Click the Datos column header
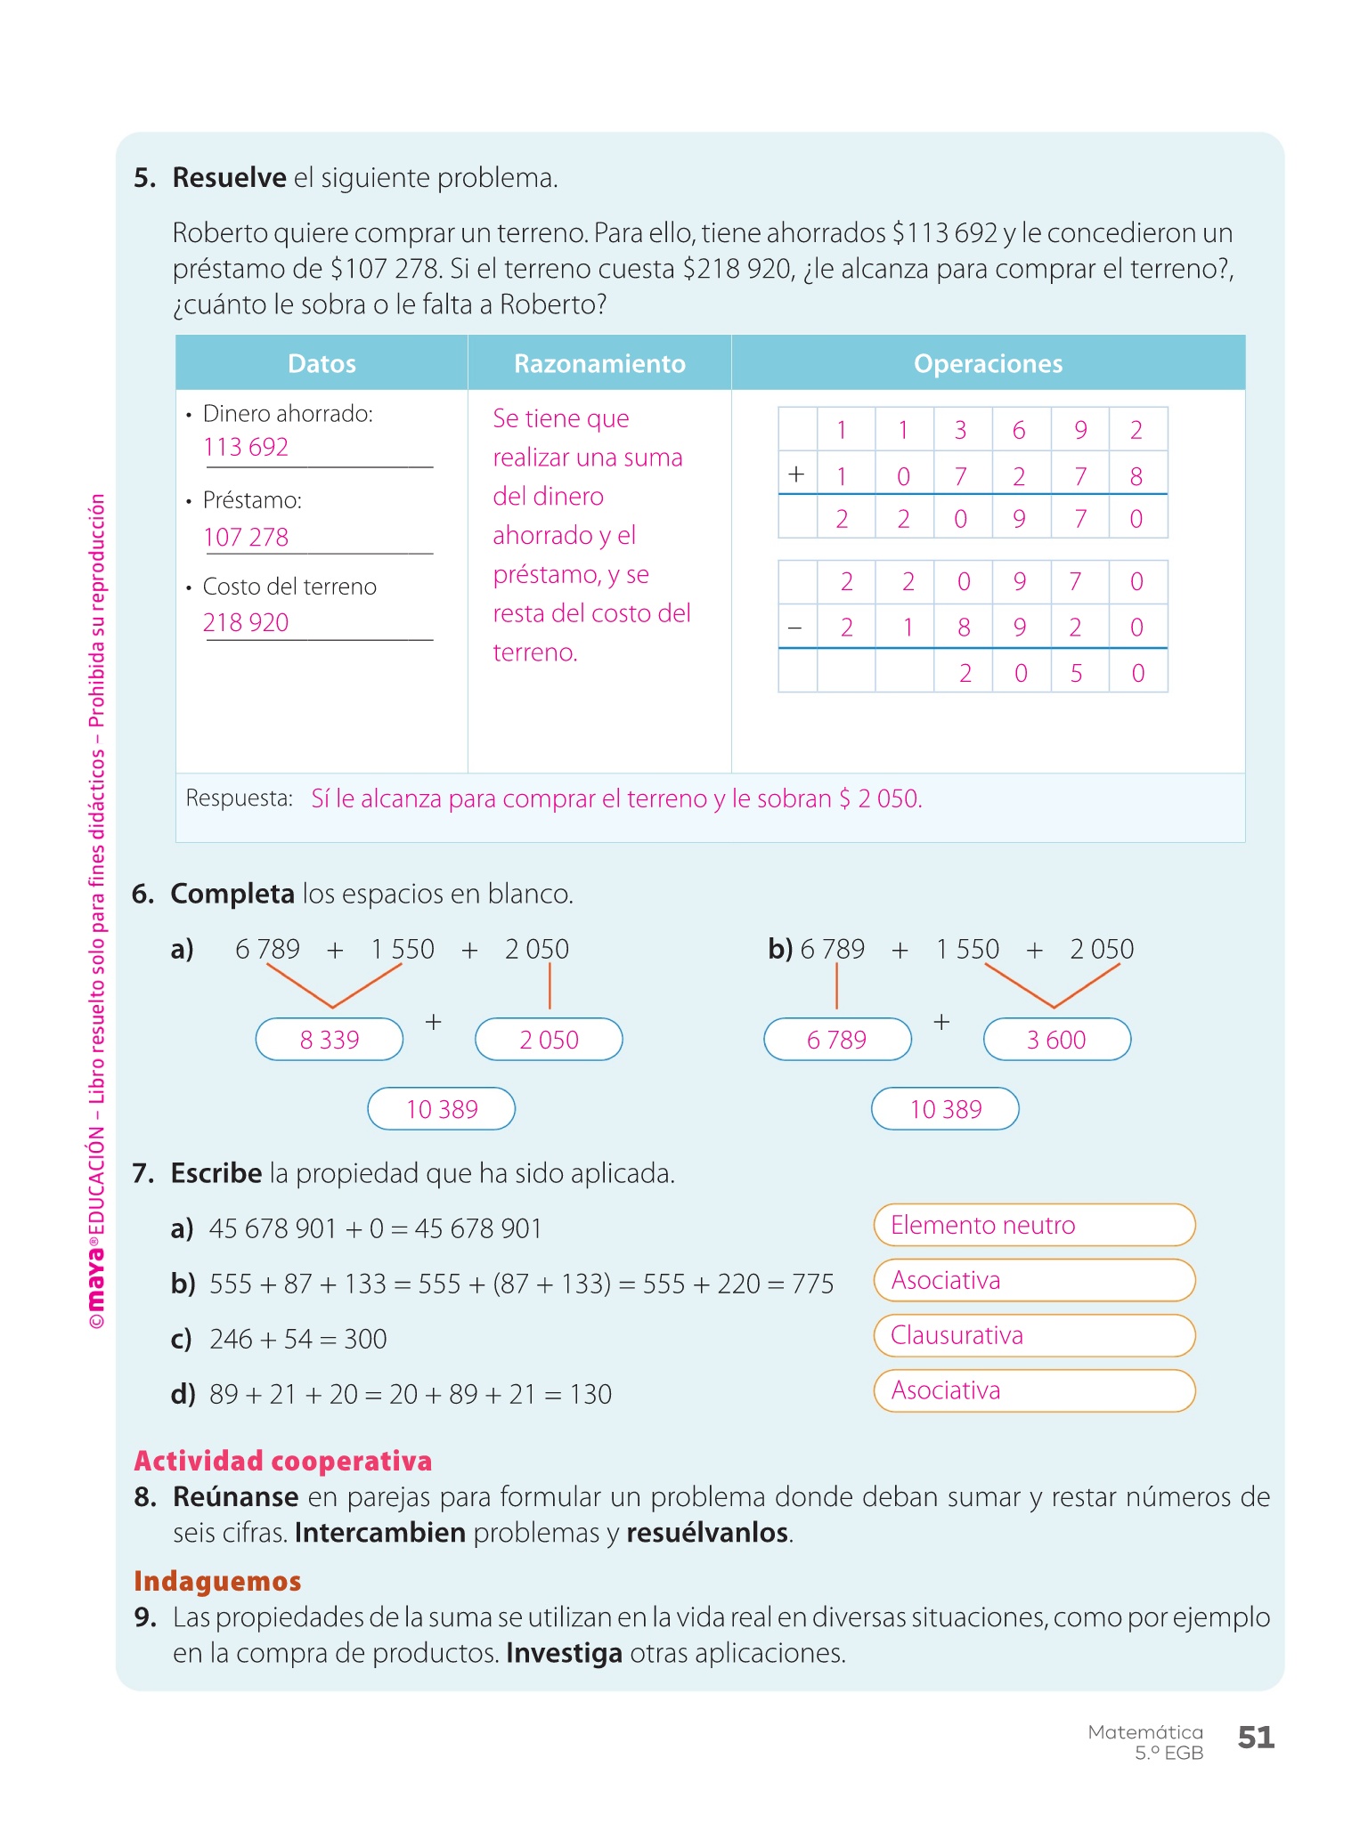pos(322,363)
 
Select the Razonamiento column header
pos(599,363)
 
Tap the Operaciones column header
pos(988,363)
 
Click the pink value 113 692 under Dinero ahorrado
pos(246,447)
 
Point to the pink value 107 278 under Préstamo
pos(246,537)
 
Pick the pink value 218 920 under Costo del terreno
pos(246,622)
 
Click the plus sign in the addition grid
pos(796,474)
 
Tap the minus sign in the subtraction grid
pos(795,628)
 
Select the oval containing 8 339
pos(330,1040)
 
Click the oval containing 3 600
pos(1057,1040)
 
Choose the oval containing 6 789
pos(837,1040)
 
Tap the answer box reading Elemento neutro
pos(1034,1226)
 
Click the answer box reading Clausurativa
pos(1034,1336)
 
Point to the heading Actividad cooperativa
pos(283,1461)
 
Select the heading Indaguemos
pos(217,1581)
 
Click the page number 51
pos(1256,1738)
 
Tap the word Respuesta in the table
pos(239,798)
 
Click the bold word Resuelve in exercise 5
pos(229,178)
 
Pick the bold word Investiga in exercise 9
pos(564,1653)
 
